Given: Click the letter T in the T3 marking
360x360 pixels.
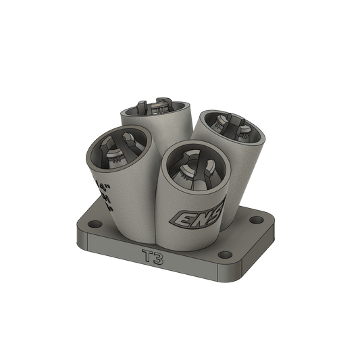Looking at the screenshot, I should [x=147, y=257].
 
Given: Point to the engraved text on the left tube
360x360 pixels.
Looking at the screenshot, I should [x=106, y=192].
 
